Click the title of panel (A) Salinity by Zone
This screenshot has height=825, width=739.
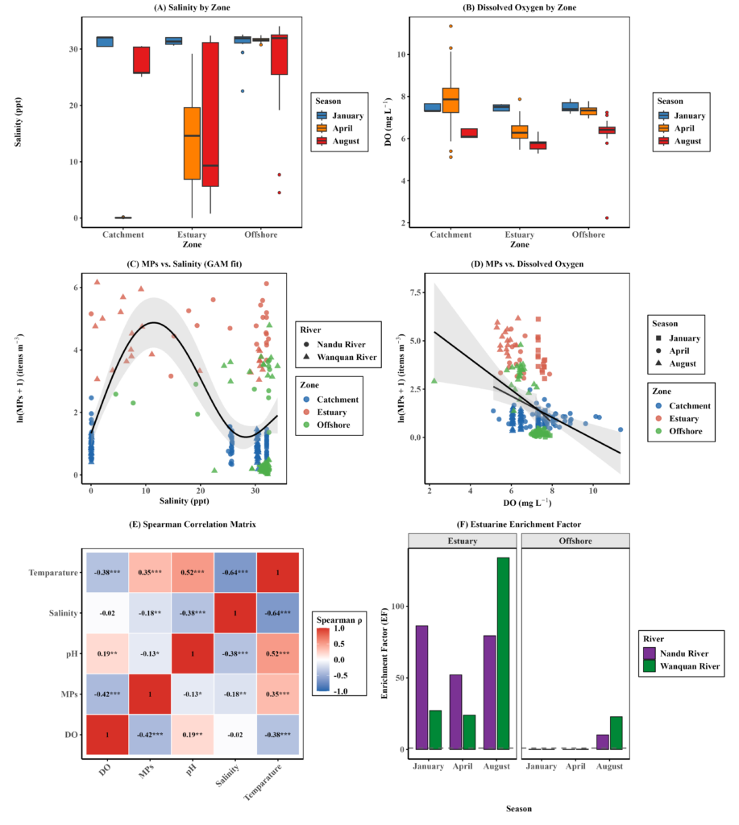[x=192, y=7]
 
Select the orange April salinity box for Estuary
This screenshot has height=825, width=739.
[x=192, y=143]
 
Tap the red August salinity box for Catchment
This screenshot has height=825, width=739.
[x=141, y=60]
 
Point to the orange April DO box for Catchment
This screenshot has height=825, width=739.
[x=450, y=100]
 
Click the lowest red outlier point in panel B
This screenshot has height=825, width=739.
[x=607, y=218]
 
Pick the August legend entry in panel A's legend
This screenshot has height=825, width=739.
[x=339, y=141]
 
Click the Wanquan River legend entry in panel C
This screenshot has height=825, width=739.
[x=340, y=357]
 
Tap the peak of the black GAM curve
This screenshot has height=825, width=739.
[x=153, y=322]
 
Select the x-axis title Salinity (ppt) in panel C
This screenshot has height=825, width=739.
[x=185, y=500]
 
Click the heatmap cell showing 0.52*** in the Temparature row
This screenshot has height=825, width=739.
[x=193, y=573]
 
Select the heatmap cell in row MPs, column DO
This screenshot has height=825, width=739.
[x=107, y=694]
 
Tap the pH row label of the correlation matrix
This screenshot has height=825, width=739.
[x=72, y=653]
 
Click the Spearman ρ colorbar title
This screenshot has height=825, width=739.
[x=339, y=620]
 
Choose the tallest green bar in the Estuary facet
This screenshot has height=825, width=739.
[x=503, y=653]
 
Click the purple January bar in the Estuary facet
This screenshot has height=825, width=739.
[x=422, y=687]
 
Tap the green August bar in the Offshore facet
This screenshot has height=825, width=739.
[x=616, y=732]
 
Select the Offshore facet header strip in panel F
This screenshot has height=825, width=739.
[x=575, y=541]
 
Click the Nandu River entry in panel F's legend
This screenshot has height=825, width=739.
[x=683, y=653]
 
